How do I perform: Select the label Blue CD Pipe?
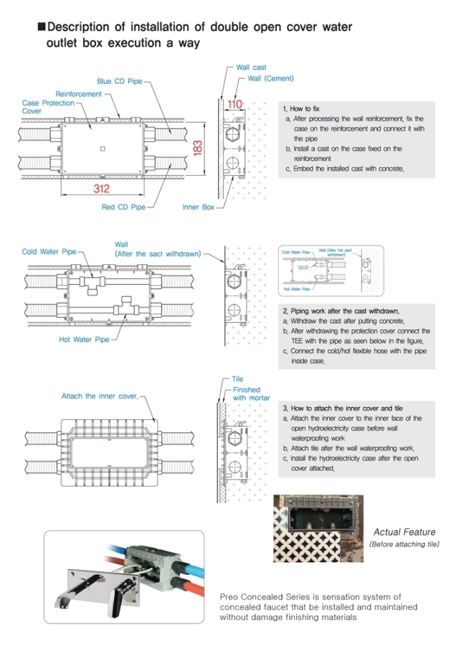click(x=119, y=81)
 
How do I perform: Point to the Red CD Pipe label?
click(x=123, y=207)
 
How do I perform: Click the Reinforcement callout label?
click(x=79, y=94)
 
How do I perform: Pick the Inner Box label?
click(x=199, y=207)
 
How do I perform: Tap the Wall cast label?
click(x=251, y=67)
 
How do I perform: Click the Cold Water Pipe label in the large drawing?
click(x=49, y=252)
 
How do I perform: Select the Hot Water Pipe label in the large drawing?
click(x=84, y=340)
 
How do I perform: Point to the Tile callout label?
click(x=237, y=379)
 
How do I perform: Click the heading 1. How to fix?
click(x=302, y=108)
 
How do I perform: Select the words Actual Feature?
click(x=404, y=532)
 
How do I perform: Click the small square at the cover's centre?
click(x=103, y=149)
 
